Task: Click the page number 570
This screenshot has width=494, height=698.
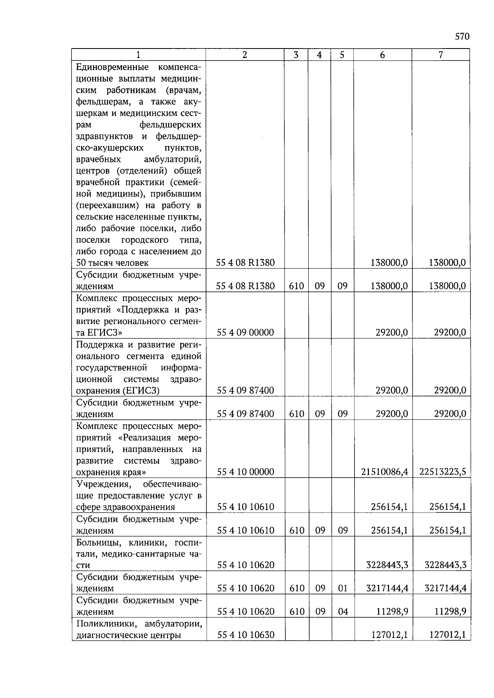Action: click(x=462, y=37)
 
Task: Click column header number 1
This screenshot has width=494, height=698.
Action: click(x=138, y=55)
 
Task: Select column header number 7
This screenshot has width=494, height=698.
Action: click(x=440, y=55)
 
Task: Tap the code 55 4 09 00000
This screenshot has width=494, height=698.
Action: click(x=245, y=332)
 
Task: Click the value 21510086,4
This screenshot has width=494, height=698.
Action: click(x=384, y=472)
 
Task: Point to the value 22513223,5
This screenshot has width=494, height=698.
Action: click(x=443, y=472)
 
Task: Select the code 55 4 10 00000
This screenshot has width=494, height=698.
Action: click(x=245, y=472)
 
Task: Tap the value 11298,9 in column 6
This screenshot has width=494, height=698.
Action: click(x=392, y=612)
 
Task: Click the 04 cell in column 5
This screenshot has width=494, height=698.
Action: click(x=343, y=612)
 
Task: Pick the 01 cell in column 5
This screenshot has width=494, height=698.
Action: click(x=343, y=589)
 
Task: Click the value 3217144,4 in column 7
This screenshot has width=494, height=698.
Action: click(x=445, y=589)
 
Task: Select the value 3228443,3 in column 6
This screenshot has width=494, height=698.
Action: click(x=387, y=565)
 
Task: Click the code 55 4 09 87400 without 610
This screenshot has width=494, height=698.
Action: click(x=245, y=390)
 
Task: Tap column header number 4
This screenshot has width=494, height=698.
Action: click(x=319, y=55)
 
